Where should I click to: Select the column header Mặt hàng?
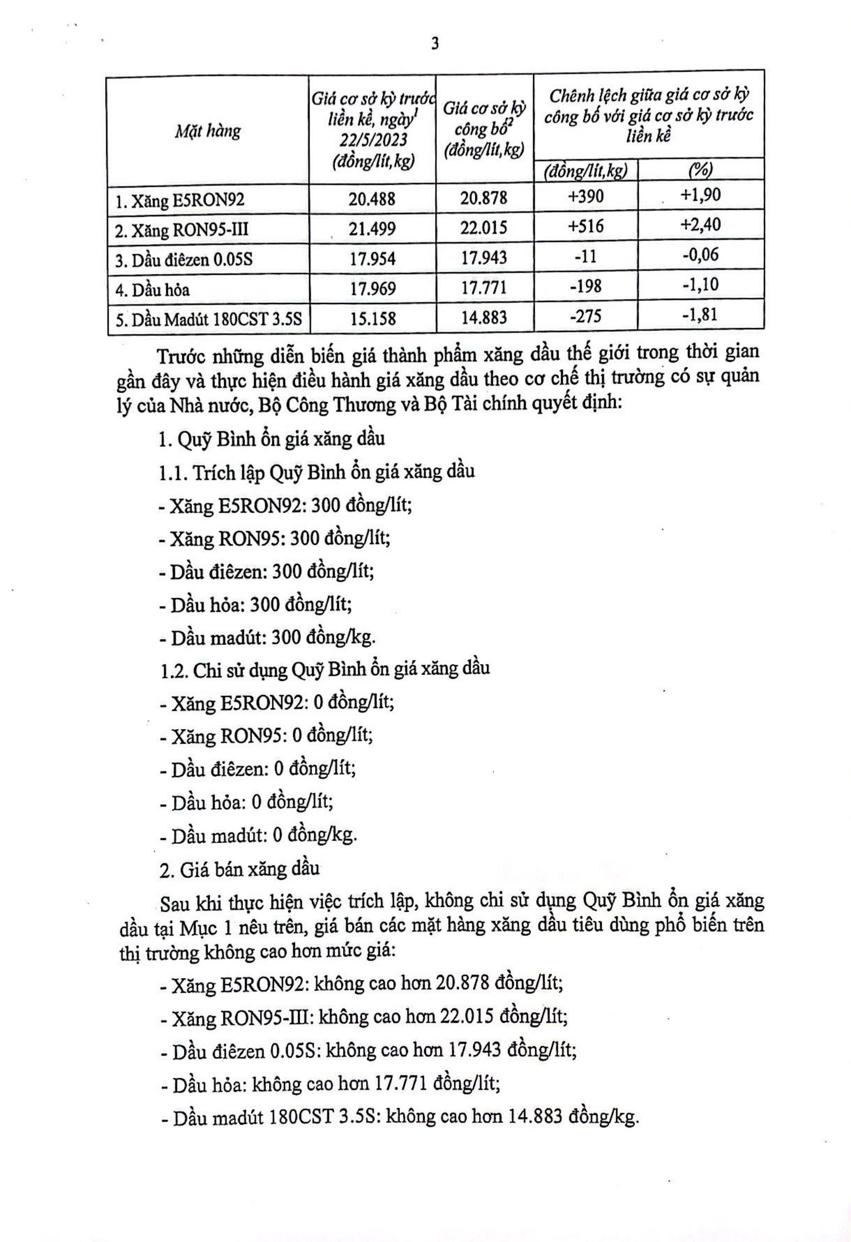(x=208, y=131)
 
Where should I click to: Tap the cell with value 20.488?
(x=372, y=199)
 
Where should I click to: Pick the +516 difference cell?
(x=585, y=226)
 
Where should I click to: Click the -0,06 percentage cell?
(x=700, y=254)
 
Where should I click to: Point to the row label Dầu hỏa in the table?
(x=153, y=289)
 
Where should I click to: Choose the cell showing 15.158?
(x=373, y=318)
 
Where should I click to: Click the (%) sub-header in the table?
(x=700, y=170)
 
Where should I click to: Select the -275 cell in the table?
(x=585, y=316)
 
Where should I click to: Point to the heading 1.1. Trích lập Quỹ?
(x=317, y=473)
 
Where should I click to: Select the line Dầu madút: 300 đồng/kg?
(x=268, y=637)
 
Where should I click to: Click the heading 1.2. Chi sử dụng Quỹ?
(x=325, y=669)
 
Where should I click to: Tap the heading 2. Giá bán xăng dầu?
(x=240, y=869)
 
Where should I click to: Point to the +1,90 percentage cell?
(x=700, y=195)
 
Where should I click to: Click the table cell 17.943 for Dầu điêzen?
(x=484, y=258)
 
